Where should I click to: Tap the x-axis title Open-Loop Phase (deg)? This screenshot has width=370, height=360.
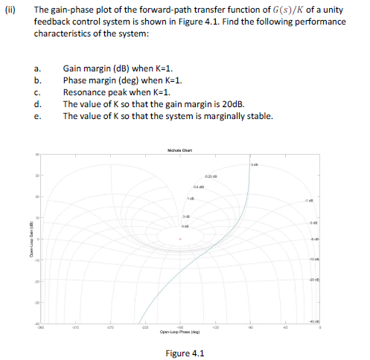click(179, 332)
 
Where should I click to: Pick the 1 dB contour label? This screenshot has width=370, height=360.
click(191, 197)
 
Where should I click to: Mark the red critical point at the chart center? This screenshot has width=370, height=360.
click(179, 240)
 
